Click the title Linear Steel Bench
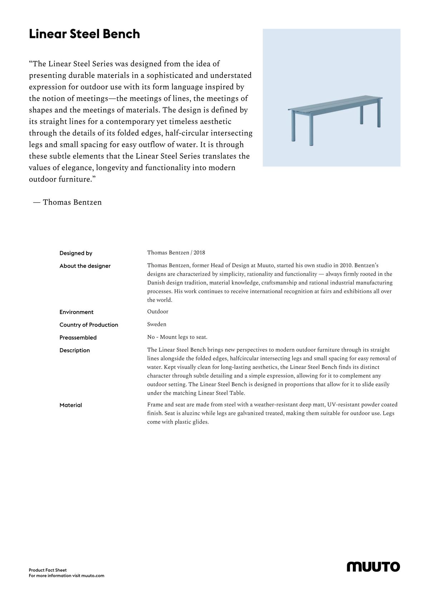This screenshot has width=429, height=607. pos(84,34)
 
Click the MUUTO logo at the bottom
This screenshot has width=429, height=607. pos(373,567)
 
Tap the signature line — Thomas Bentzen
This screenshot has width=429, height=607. pos(68,202)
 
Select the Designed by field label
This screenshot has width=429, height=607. pos(76,253)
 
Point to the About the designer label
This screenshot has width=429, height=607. pos(85,266)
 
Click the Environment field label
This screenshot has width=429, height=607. pos(77,312)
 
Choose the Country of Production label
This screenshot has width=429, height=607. pos(89,325)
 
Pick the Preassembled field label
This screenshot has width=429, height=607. pos(78,337)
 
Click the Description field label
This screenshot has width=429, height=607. pos(75,350)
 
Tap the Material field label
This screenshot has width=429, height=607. pos(71,405)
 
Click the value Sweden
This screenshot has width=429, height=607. pos(157,324)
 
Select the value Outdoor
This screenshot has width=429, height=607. pos(158,311)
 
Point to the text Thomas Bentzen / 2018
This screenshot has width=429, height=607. pos(176,253)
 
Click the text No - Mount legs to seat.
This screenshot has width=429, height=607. pos(177,337)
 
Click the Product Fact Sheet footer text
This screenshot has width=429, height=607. pos(48,570)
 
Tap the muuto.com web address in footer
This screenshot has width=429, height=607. pos(93,576)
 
